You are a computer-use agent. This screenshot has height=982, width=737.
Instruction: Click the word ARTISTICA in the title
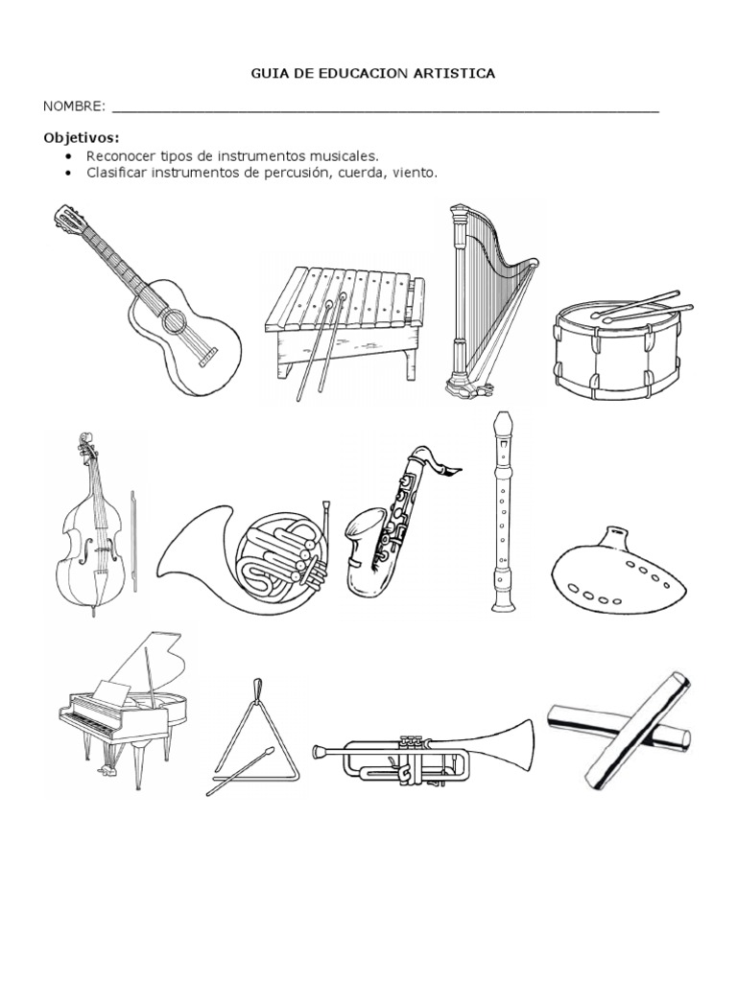[x=454, y=74]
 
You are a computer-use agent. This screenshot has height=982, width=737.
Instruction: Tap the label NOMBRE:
[x=74, y=106]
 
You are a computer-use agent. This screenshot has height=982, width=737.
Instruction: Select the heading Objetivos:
[x=82, y=137]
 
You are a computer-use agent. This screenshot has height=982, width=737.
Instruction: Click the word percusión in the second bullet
[x=296, y=173]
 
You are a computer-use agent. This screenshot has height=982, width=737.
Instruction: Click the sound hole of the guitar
[x=173, y=320]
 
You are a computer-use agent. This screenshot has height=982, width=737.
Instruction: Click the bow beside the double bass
[x=132, y=541]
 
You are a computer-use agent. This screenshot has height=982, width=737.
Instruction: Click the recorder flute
[x=503, y=511]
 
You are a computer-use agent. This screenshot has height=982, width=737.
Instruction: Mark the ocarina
[x=618, y=572]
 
